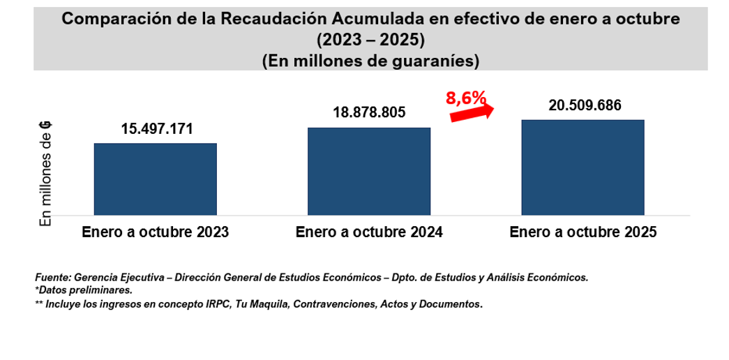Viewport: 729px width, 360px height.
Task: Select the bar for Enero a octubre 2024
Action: (369, 171)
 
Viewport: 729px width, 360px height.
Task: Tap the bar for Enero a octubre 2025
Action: (583, 167)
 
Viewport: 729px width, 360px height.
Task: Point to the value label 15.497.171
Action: (156, 129)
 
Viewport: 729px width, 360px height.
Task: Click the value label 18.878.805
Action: (370, 113)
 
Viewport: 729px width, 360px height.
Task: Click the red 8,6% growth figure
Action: (465, 98)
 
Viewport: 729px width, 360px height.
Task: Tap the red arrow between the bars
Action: (472, 113)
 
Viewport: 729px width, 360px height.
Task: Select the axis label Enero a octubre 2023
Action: (155, 232)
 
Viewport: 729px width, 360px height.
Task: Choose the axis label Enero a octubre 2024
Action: (369, 232)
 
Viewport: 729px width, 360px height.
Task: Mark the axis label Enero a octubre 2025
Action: (583, 232)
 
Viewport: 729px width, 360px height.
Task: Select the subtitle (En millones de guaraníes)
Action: (370, 61)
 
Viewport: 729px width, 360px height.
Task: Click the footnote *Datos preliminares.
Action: (83, 290)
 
